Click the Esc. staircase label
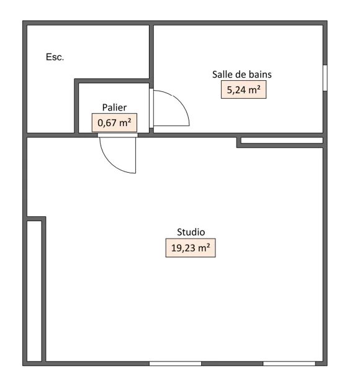point(55,57)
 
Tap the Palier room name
point(114,107)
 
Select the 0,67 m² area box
point(114,123)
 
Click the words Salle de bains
point(242,75)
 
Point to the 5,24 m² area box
point(243,89)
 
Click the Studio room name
point(191,232)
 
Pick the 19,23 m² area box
point(191,248)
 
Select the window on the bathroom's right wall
point(325,78)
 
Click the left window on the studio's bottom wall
point(176,363)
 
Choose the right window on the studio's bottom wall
point(289,363)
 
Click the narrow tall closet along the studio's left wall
point(34,291)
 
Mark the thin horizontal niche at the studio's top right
point(282,140)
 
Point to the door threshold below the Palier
point(118,135)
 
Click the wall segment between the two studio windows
point(232,363)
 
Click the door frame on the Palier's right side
point(151,108)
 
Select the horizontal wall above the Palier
point(112,81)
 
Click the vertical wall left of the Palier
point(76,106)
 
